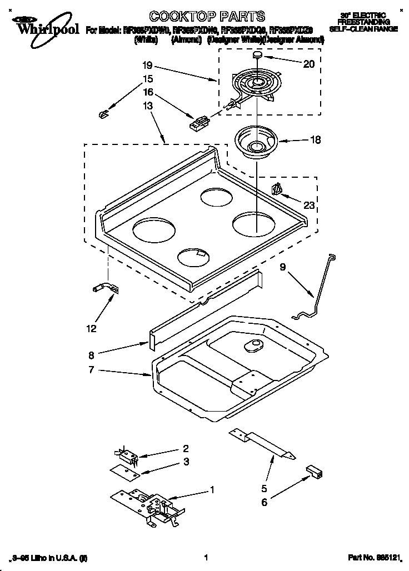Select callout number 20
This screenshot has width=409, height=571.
coord(308,64)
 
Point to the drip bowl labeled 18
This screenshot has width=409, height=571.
coord(255,141)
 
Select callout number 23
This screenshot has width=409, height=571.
coord(308,206)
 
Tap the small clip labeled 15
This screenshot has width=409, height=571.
coord(103,114)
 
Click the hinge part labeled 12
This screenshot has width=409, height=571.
coord(105,288)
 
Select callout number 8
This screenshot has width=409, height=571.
coord(91,353)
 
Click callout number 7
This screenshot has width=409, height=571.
coord(91,370)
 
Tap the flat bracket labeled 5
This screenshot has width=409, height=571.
coord(262,444)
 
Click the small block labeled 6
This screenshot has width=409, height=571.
coord(314,472)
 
